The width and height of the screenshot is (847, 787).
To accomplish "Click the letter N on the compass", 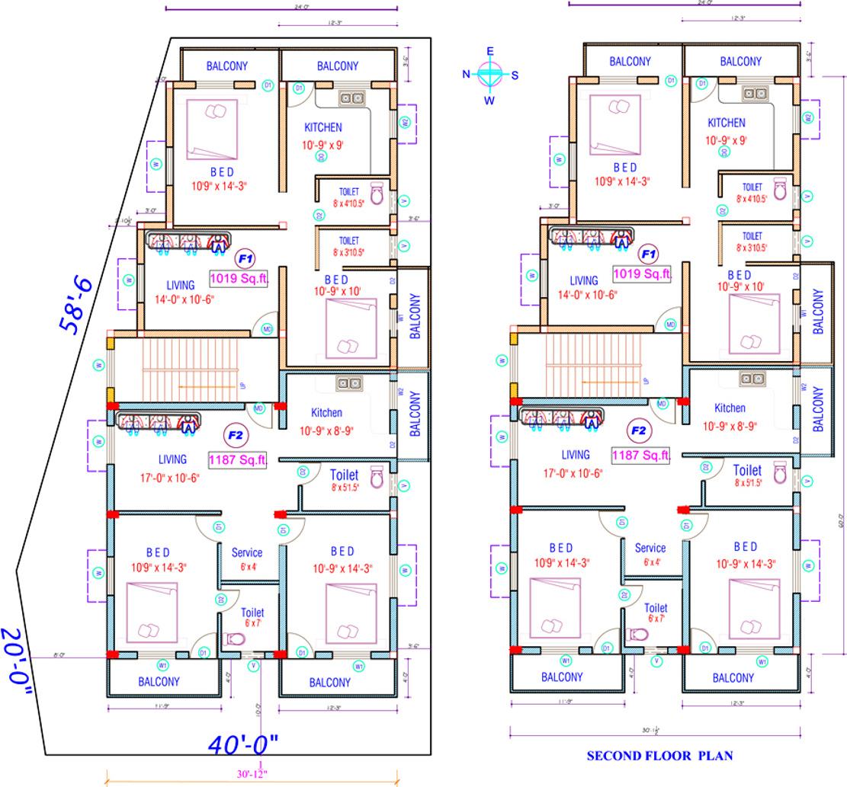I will coord(467,74).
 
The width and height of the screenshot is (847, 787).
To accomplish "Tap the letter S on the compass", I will coord(515,75).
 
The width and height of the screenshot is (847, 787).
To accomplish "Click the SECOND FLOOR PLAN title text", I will coord(659,756).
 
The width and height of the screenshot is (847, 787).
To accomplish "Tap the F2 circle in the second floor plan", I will coord(638,430).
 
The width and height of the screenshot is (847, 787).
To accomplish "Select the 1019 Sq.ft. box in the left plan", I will coord(240,279).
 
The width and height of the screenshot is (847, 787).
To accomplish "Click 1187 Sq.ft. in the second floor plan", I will coord(641,455).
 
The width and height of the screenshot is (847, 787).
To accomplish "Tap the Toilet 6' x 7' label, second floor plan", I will coord(656,613).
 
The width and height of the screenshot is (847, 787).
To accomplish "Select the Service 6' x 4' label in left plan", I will coord(247,558).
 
